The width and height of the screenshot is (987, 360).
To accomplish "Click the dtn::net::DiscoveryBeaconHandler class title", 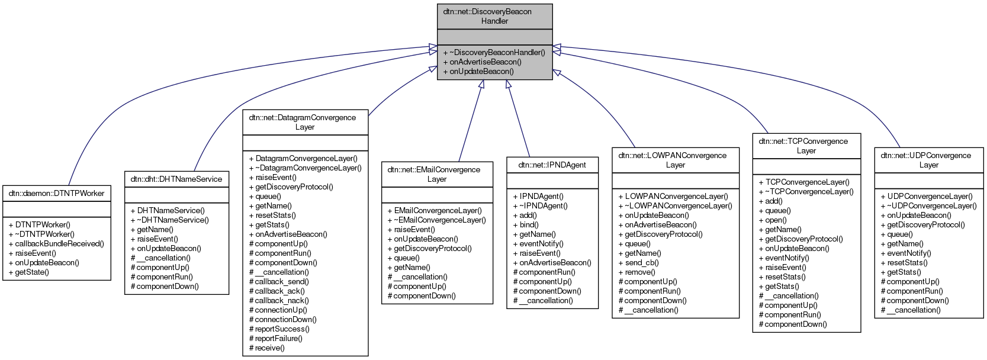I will click(494, 16).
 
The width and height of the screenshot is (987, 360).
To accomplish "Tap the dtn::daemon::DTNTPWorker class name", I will click(56, 193).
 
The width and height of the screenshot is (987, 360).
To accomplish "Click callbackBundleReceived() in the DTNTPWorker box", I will click(59, 243).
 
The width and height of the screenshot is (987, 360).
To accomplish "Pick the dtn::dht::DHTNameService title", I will click(176, 179).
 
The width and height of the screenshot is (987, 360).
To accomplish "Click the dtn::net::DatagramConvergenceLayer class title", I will click(305, 122).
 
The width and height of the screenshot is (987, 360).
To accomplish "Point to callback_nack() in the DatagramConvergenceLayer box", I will click(282, 300).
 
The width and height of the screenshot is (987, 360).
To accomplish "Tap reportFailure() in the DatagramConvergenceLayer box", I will click(278, 338).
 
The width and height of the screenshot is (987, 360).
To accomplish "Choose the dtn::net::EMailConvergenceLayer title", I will click(437, 174).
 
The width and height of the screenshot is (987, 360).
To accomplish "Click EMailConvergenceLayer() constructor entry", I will click(438, 210).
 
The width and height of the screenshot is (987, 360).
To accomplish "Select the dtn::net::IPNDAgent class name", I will click(552, 165).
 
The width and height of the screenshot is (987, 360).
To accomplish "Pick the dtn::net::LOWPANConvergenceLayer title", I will click(675, 160).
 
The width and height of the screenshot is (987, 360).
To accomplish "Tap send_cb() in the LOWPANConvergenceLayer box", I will click(642, 262).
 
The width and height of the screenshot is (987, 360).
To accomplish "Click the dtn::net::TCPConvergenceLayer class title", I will click(806, 146).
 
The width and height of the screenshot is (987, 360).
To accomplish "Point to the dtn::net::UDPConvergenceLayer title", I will click(928, 160).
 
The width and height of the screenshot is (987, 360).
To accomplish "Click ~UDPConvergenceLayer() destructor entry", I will click(931, 205).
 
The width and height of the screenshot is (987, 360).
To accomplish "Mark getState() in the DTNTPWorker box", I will click(32, 272).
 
